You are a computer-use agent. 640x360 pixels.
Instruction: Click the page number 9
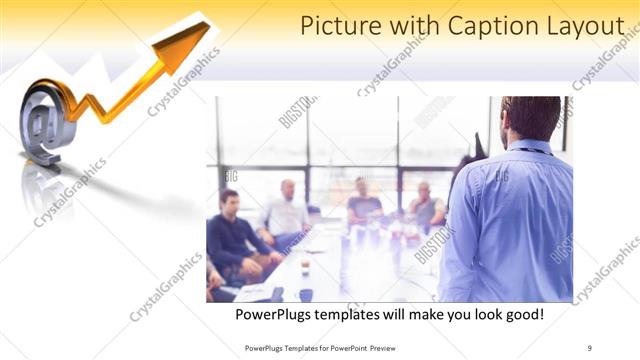tap(590, 347)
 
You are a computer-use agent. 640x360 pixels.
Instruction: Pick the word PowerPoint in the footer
tap(343, 347)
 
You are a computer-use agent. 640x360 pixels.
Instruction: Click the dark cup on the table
tap(305, 294)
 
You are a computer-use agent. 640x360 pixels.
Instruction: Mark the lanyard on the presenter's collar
tap(534, 150)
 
